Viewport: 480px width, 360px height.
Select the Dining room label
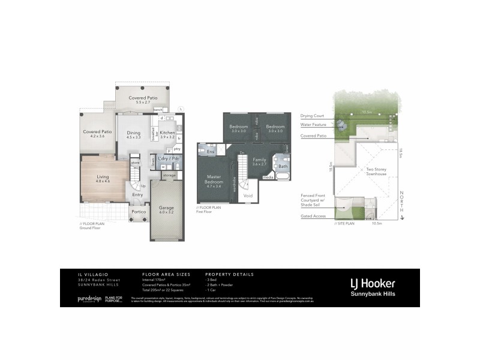click(x=133, y=133)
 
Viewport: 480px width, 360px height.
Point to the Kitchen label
click(x=167, y=133)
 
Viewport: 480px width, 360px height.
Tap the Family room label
click(x=259, y=160)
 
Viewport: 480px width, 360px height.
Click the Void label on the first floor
click(x=247, y=195)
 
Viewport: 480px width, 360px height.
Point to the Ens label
click(x=211, y=152)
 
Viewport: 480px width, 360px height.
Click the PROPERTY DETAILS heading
click(x=229, y=274)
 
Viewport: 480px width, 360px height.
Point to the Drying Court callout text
click(x=312, y=115)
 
